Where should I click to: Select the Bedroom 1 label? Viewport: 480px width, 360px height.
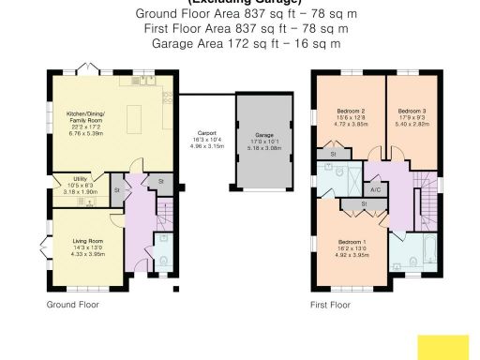point(352,242)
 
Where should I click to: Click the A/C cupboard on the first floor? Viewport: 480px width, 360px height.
point(375,189)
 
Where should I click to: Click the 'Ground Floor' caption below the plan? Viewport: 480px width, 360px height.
point(72,305)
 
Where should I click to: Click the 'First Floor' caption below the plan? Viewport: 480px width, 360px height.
point(330,305)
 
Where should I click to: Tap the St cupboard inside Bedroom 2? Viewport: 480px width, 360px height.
point(332,152)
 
